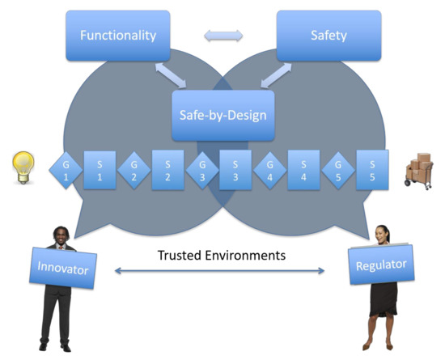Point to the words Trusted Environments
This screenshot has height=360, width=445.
221,255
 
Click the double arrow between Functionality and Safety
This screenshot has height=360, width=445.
222,35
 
